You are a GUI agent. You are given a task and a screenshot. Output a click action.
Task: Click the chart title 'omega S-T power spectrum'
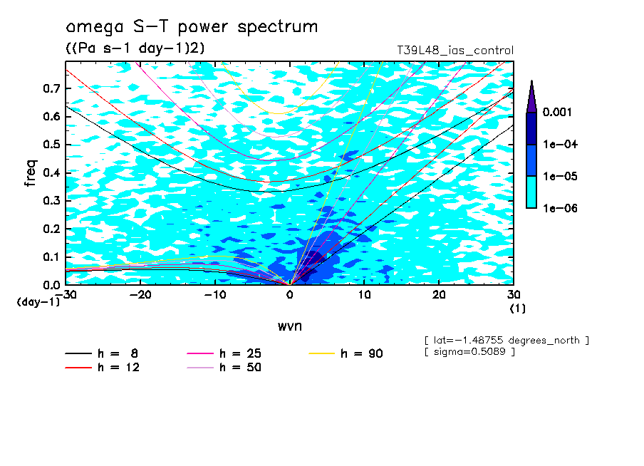(191, 28)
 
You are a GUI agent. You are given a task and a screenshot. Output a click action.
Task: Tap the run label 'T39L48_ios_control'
(455, 50)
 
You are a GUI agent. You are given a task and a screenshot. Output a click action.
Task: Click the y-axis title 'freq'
(31, 172)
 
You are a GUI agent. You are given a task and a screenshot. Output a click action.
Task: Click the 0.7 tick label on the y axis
(51, 88)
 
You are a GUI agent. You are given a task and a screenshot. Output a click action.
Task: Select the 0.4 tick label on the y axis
(51, 173)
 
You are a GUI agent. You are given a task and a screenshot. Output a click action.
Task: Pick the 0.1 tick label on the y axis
(51, 257)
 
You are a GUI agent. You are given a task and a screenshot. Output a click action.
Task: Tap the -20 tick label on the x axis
(140, 295)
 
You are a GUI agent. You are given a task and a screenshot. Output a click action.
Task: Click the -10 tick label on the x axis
(215, 295)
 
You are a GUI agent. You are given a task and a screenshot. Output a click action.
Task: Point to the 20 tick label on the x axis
(439, 295)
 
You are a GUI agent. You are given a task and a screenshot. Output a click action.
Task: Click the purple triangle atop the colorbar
(531, 96)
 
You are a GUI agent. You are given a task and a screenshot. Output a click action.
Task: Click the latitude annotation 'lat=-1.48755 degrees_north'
(507, 340)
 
